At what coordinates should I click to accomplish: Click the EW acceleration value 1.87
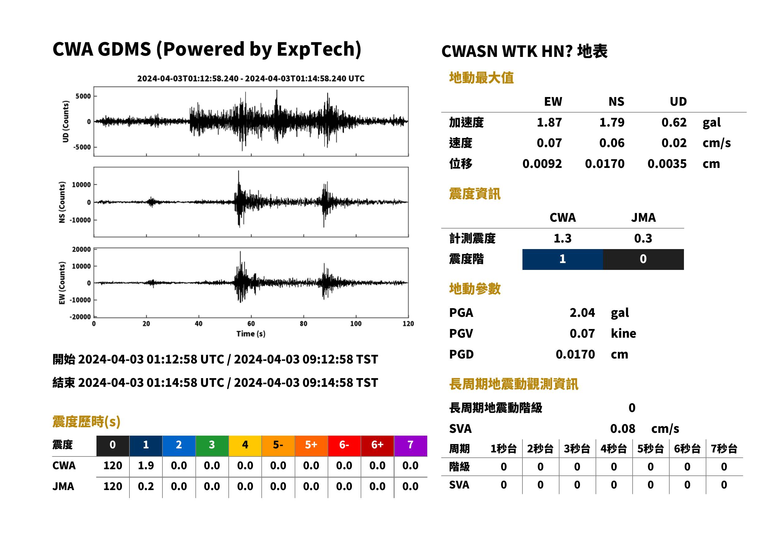coord(549,123)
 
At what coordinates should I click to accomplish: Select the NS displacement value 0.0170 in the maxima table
coord(605,164)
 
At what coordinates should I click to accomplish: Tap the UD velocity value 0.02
coord(674,143)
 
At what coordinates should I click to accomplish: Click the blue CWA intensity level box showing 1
coord(563,259)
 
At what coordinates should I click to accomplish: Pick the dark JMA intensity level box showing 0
coord(643,259)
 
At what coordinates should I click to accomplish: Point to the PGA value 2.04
coord(582,313)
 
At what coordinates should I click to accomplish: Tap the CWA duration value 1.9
coord(146,465)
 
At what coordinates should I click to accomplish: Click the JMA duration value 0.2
coord(146,487)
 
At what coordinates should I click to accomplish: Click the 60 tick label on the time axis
coord(251,324)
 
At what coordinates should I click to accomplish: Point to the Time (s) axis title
coord(251,334)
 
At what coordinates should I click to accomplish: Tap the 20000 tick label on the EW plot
coord(82,249)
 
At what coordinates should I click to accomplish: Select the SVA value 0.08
coord(623,428)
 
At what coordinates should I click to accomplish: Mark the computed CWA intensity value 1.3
coord(563,238)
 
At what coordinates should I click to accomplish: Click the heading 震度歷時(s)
coord(87,422)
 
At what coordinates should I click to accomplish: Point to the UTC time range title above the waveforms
coord(251,78)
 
